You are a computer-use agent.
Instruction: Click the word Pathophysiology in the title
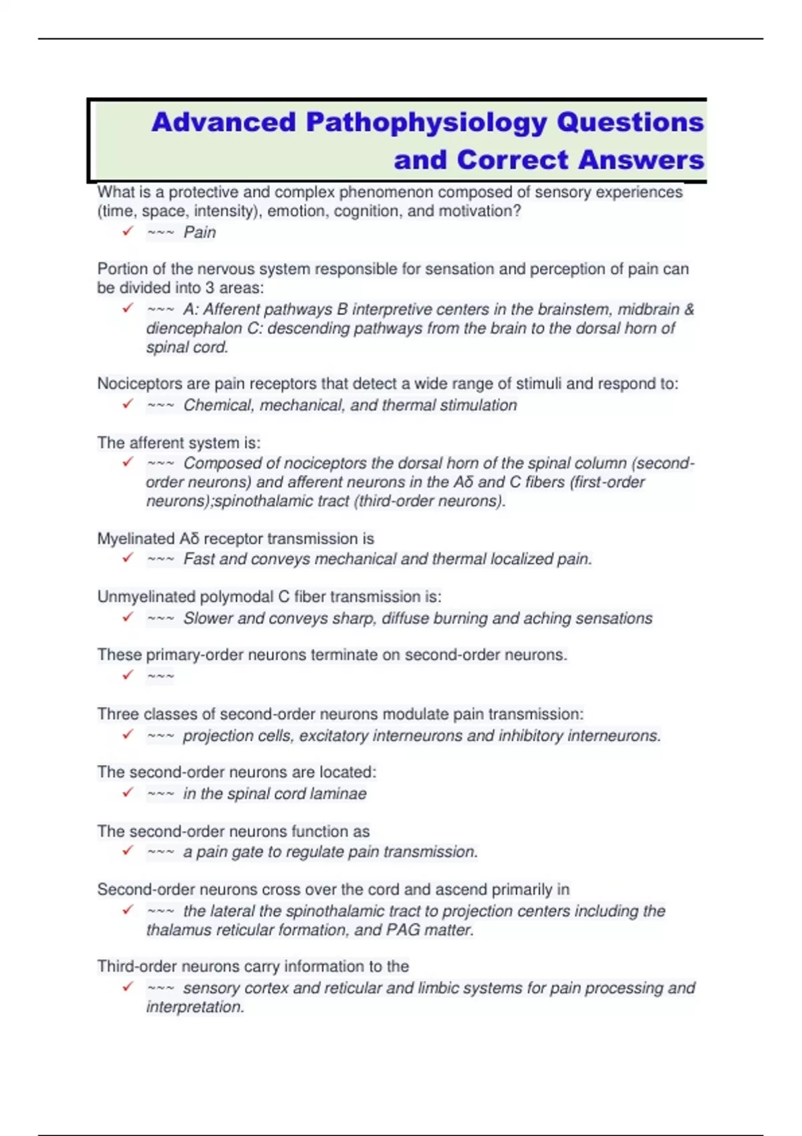pyautogui.click(x=425, y=123)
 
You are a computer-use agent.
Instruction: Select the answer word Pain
pyautogui.click(x=200, y=233)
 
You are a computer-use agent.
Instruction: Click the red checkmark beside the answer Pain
pyautogui.click(x=128, y=231)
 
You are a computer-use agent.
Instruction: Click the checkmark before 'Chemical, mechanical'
pyautogui.click(x=128, y=404)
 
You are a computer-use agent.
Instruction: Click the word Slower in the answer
pyautogui.click(x=208, y=618)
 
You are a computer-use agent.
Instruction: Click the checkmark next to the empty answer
pyautogui.click(x=128, y=674)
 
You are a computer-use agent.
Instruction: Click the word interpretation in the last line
pyautogui.click(x=194, y=1007)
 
